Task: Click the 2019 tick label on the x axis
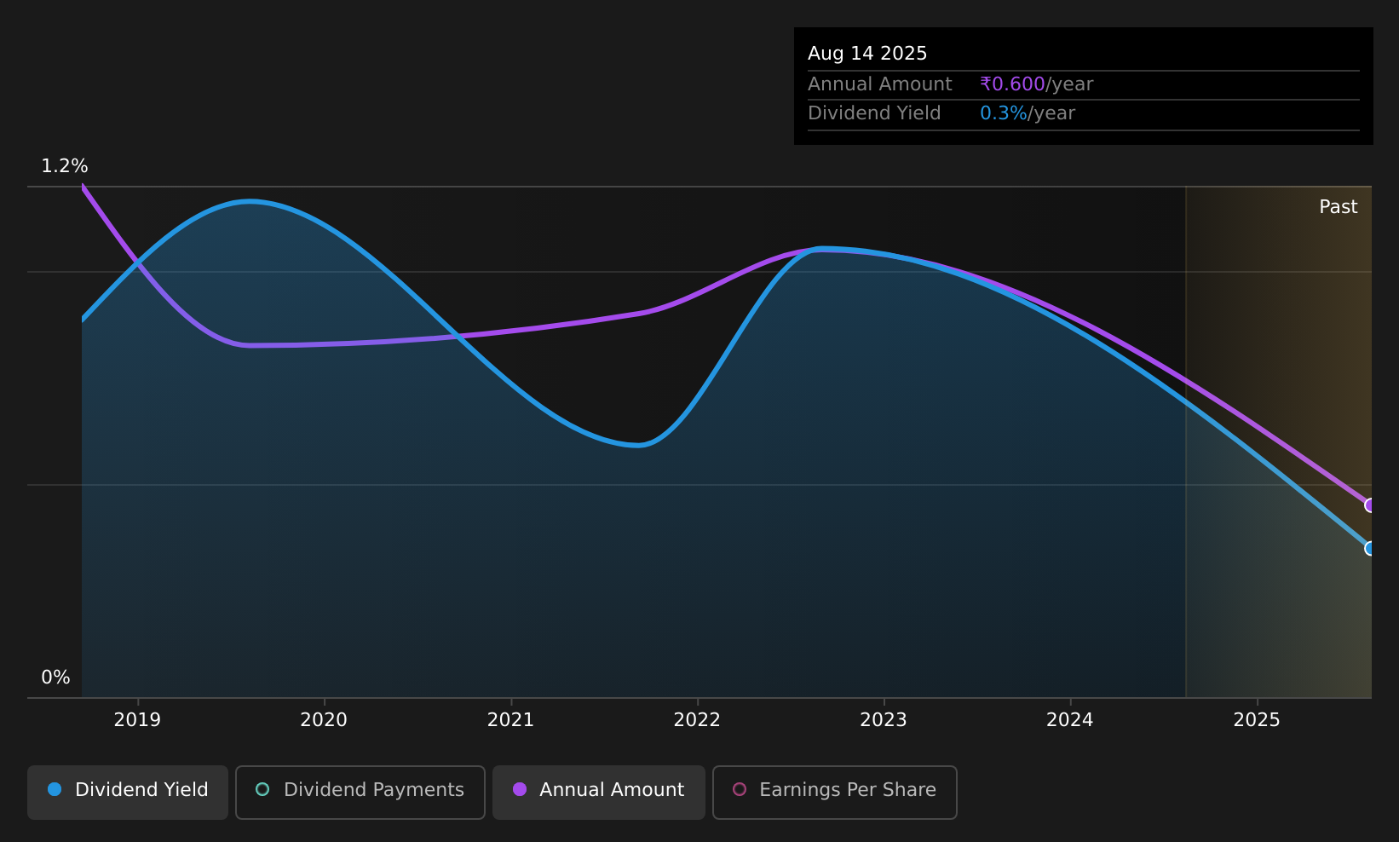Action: [x=137, y=720]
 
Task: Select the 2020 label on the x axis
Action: [x=324, y=720]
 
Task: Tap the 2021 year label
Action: [x=510, y=720]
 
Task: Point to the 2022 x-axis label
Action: [x=697, y=720]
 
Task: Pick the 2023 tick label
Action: [x=884, y=720]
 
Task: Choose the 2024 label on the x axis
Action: [x=1070, y=720]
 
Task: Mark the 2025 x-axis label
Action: [x=1257, y=720]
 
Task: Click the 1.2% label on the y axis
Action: [x=65, y=166]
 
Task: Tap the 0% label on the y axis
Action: [x=55, y=678]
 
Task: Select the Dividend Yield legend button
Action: [x=128, y=792]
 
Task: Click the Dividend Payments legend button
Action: [x=360, y=792]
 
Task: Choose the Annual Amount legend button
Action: [x=599, y=792]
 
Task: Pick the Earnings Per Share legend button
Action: [x=835, y=792]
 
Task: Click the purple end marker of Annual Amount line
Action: [x=1370, y=505]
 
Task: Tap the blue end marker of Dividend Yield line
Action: [x=1370, y=549]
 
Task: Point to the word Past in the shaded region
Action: [x=1338, y=207]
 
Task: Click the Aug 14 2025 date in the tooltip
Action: [x=867, y=54]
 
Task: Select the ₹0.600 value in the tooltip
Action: [x=1012, y=84]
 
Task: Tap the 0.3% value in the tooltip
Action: [x=1003, y=113]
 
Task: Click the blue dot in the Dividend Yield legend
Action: [x=55, y=789]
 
